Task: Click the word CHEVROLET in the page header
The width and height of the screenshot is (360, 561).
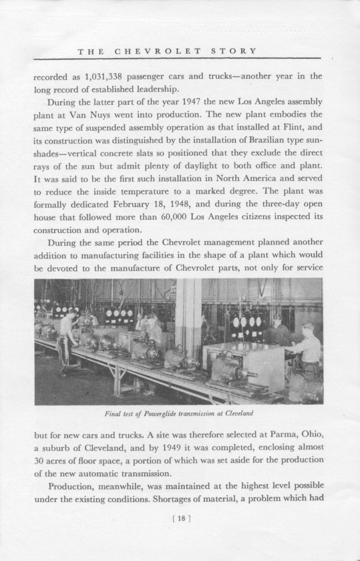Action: coord(148,51)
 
